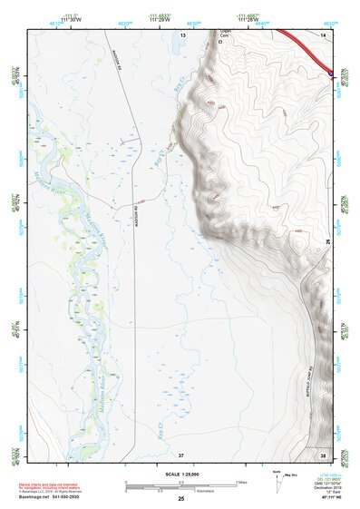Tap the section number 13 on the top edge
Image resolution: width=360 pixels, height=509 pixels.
pyautogui.click(x=181, y=34)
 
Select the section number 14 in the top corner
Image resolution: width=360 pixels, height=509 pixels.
pyautogui.click(x=322, y=34)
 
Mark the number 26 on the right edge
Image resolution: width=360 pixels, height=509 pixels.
pyautogui.click(x=328, y=241)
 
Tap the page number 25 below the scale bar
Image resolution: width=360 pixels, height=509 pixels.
pyautogui.click(x=181, y=499)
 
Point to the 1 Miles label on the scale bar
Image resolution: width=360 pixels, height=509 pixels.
pyautogui.click(x=239, y=482)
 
